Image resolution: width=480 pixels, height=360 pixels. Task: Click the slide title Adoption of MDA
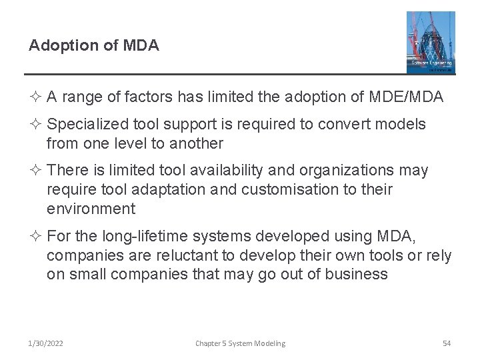(94, 45)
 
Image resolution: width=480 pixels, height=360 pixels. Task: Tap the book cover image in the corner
(431, 42)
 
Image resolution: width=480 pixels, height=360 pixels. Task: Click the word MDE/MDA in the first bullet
(405, 97)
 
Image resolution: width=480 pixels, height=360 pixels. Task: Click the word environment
(91, 209)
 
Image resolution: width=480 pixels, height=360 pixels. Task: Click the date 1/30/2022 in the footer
(46, 343)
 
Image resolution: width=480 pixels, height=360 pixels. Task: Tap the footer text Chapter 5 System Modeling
(240, 343)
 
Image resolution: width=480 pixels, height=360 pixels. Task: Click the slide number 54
(447, 343)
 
